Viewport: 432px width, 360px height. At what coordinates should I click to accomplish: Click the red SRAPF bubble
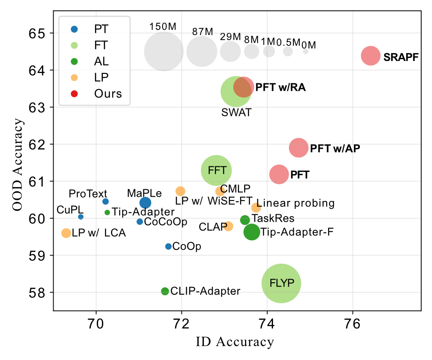370,56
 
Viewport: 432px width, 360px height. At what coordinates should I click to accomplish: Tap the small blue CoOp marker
168,246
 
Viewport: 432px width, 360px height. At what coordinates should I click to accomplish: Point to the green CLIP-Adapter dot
165,291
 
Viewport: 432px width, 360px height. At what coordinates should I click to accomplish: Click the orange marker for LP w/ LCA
66,233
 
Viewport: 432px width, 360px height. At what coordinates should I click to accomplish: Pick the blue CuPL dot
81,217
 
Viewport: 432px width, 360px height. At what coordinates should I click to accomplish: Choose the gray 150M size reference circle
163,51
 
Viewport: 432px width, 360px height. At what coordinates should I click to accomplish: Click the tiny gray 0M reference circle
306,51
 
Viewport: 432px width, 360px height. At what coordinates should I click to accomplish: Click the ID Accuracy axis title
235,342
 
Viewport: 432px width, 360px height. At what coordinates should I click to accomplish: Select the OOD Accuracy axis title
17,166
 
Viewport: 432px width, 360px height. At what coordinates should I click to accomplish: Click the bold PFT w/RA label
280,88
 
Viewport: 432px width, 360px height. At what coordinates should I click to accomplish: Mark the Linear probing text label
299,203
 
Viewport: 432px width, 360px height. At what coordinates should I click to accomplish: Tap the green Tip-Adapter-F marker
252,232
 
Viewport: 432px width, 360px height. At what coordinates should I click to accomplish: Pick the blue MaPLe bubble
146,202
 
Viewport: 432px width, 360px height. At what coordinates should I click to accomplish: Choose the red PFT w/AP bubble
299,148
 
